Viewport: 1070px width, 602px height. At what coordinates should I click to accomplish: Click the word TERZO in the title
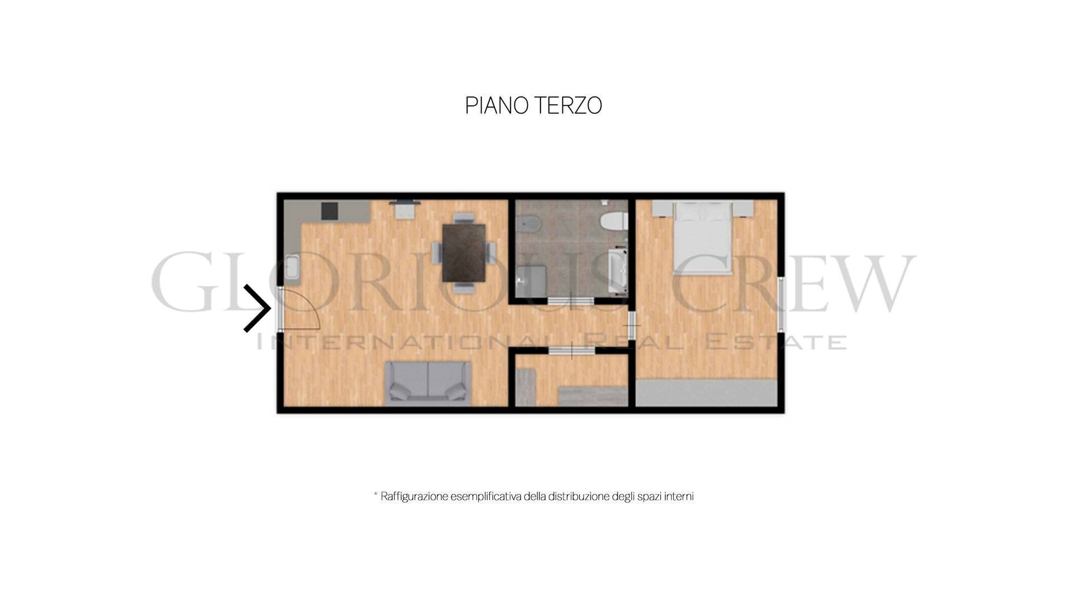click(x=568, y=105)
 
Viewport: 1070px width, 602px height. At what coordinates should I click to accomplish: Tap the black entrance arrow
click(x=257, y=308)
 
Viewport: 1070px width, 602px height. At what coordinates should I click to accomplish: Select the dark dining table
click(x=464, y=253)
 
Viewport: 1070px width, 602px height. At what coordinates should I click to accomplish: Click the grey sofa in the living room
click(x=427, y=382)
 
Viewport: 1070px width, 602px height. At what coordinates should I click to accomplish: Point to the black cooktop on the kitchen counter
click(x=329, y=210)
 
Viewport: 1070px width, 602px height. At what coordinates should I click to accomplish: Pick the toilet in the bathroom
click(x=614, y=221)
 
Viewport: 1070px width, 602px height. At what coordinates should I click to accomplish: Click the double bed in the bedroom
click(x=703, y=238)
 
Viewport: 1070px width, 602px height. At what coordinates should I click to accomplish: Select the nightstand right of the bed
click(x=743, y=208)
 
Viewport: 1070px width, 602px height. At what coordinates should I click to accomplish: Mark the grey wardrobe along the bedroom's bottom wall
click(x=707, y=393)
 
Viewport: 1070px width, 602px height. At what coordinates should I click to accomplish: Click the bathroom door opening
click(x=571, y=300)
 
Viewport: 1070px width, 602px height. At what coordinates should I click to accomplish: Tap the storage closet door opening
click(x=571, y=350)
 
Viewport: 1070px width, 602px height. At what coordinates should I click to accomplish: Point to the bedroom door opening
click(x=632, y=325)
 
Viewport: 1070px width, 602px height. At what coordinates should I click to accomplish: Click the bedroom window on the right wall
click(x=781, y=304)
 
